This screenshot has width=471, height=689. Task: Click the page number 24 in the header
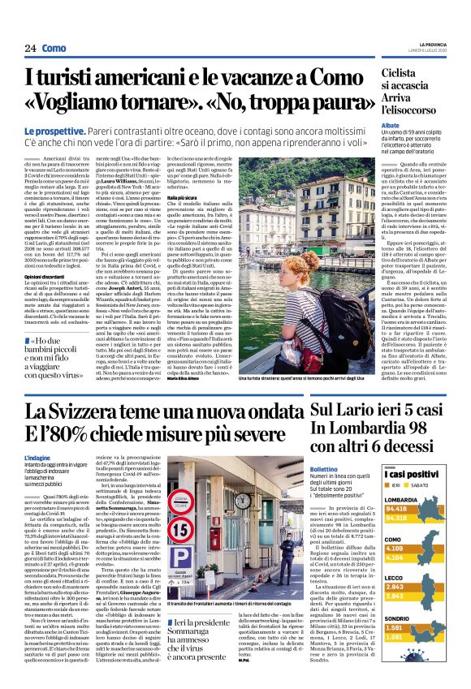(x=31, y=49)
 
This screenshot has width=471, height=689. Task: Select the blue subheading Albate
(x=391, y=127)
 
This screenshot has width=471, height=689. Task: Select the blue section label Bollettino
(x=323, y=470)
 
